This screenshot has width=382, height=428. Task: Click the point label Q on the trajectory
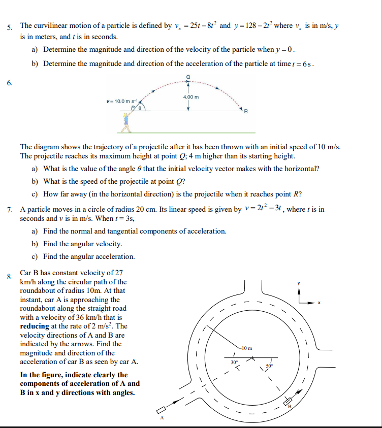tap(188, 76)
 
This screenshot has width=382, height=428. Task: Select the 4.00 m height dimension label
tap(191, 96)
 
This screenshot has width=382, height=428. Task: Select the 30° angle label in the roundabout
tap(233, 362)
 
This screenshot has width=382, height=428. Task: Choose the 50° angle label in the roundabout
tap(269, 365)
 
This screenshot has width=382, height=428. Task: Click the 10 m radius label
tap(246, 348)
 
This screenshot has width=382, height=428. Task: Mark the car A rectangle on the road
tap(162, 409)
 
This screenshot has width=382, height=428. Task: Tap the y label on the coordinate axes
tap(299, 283)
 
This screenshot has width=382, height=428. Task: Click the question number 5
tap(9, 27)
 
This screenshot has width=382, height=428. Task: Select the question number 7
tap(9, 209)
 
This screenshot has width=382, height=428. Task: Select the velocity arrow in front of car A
tap(174, 403)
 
